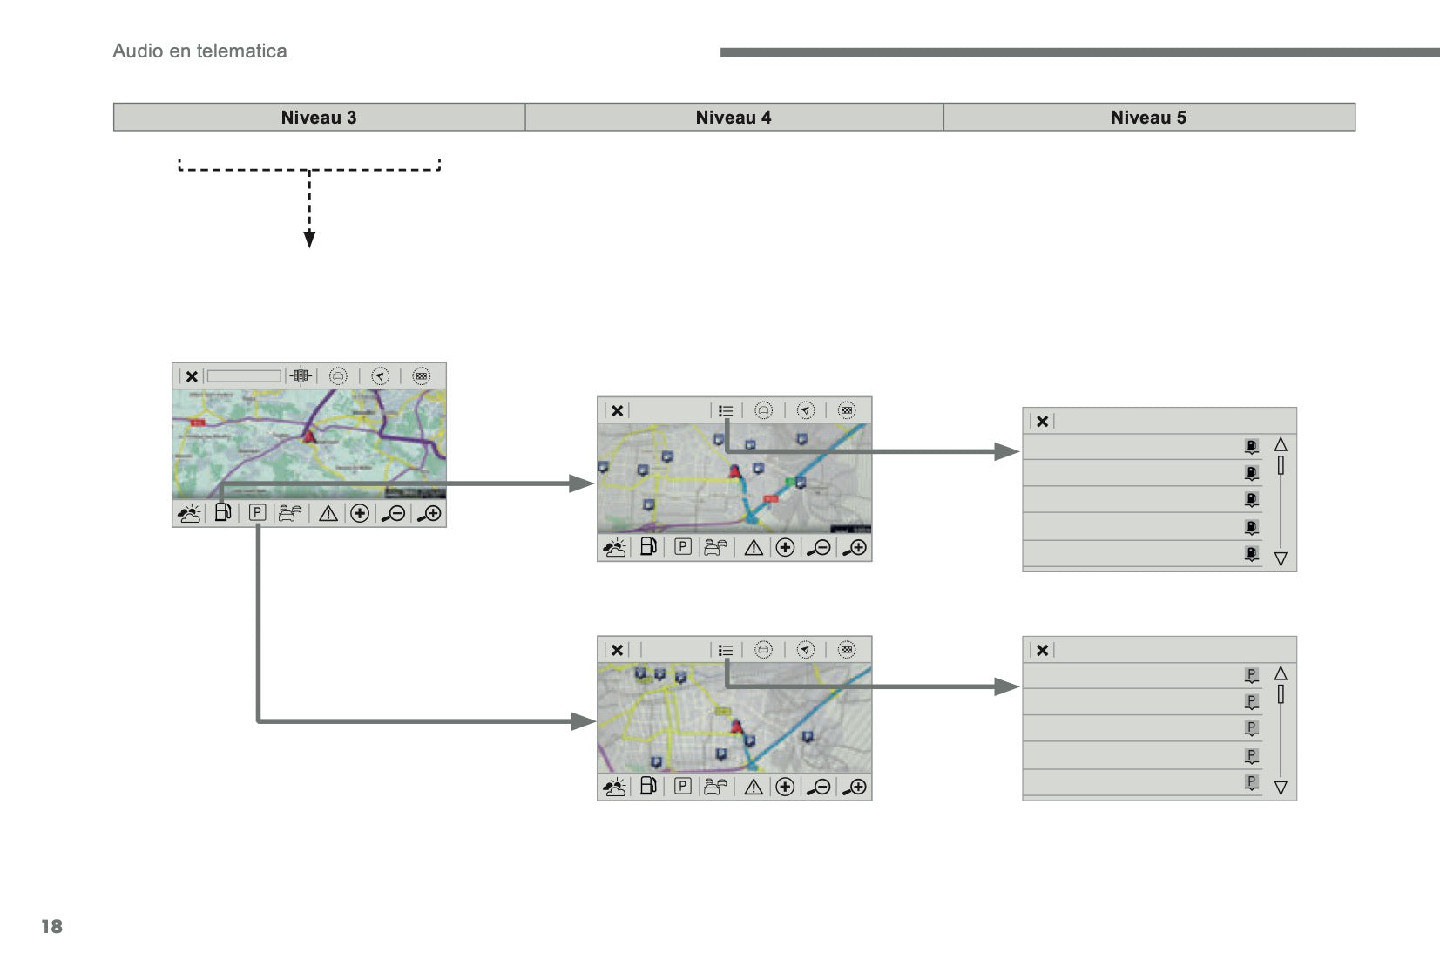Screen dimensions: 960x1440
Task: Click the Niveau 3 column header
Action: pyautogui.click(x=319, y=118)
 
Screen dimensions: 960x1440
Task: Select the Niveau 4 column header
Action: pyautogui.click(x=734, y=118)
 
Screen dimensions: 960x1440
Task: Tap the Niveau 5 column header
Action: pyautogui.click(x=1148, y=118)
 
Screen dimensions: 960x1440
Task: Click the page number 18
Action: pyautogui.click(x=52, y=926)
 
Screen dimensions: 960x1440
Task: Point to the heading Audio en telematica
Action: pyautogui.click(x=199, y=51)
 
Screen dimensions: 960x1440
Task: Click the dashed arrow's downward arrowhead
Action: pyautogui.click(x=309, y=240)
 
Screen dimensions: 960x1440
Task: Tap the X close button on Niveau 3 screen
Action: pyautogui.click(x=192, y=376)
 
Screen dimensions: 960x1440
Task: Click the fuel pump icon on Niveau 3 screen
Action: pyautogui.click(x=222, y=513)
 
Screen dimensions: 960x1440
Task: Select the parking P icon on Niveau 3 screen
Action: pyautogui.click(x=257, y=513)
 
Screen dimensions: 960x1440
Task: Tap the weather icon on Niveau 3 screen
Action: pyautogui.click(x=189, y=514)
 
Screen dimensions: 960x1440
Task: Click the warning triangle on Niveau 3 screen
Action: pyautogui.click(x=328, y=514)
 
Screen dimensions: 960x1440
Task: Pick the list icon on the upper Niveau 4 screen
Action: pyautogui.click(x=726, y=410)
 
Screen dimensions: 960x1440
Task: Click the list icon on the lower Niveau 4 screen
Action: pyautogui.click(x=726, y=650)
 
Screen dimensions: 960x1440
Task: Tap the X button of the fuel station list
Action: pyautogui.click(x=1042, y=421)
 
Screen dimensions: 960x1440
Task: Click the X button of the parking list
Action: pyautogui.click(x=1042, y=650)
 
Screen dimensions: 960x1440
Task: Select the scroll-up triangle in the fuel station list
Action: pyautogui.click(x=1281, y=444)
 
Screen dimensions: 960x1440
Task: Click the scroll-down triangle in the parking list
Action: pyautogui.click(x=1281, y=788)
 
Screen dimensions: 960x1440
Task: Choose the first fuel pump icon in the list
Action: pyautogui.click(x=1252, y=447)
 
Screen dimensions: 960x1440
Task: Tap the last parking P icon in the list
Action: pyautogui.click(x=1252, y=782)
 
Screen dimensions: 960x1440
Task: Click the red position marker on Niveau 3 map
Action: pyautogui.click(x=308, y=436)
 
